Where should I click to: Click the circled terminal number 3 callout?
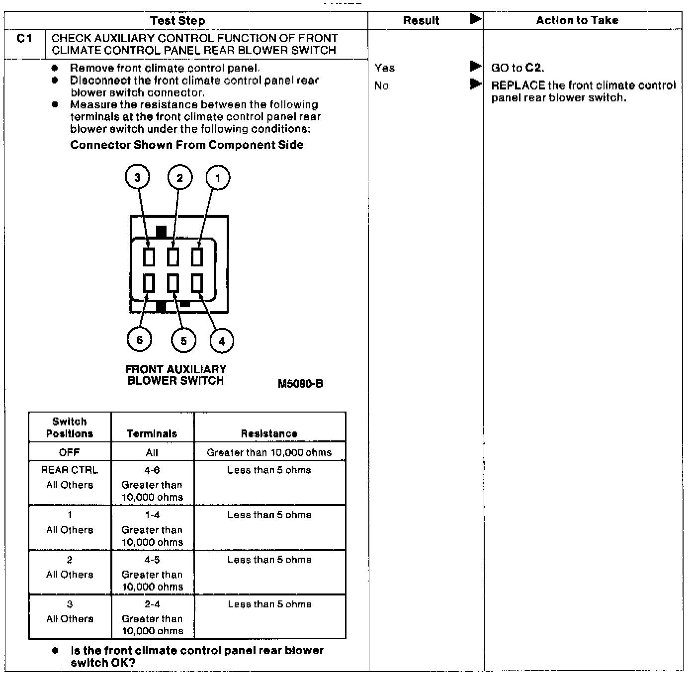coord(137,177)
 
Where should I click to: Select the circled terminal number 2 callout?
coord(179,177)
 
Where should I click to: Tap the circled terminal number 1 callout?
coord(218,177)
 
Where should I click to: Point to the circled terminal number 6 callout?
coord(140,339)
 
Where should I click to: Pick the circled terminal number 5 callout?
coord(183,341)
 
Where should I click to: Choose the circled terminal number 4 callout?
coord(222,341)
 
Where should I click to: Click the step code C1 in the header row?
coord(24,38)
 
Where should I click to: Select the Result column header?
coord(421,20)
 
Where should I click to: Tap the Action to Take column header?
coord(577,20)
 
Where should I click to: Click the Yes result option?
coord(385,68)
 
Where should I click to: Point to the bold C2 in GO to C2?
coord(534,68)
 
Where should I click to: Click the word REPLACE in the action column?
coord(518,85)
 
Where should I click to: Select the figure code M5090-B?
coord(300,383)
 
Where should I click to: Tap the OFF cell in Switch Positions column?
coord(69,452)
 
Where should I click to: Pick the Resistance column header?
coord(269,433)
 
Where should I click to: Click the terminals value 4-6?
coord(152,470)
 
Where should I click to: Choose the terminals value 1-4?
coord(152,515)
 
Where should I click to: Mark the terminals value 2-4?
coord(152,604)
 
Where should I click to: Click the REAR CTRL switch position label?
coord(69,470)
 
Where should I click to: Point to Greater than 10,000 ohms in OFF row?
coord(269,452)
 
